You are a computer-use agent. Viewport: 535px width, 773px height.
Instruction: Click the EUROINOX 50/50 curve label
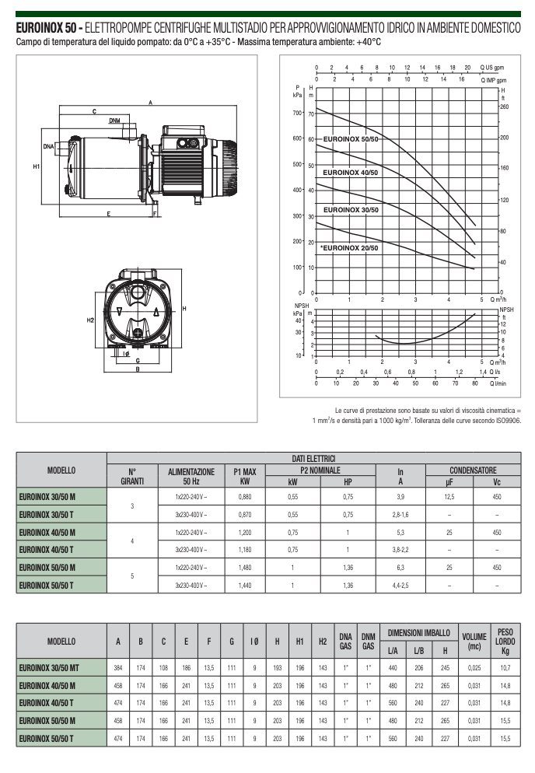[351, 139]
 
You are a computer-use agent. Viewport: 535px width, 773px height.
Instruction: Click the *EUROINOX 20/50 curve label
[349, 248]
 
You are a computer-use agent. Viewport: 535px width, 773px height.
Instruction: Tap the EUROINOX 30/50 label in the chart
[351, 210]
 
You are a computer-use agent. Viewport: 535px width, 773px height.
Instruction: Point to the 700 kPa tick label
[297, 113]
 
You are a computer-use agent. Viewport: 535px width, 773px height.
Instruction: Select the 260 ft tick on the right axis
[505, 107]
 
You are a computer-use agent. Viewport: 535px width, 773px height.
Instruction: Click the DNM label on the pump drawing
[114, 121]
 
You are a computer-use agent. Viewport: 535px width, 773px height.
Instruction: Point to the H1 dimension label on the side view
[36, 166]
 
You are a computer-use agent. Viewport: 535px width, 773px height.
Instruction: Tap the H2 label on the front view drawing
[90, 320]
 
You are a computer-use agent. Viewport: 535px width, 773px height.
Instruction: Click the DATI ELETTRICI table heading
[313, 459]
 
